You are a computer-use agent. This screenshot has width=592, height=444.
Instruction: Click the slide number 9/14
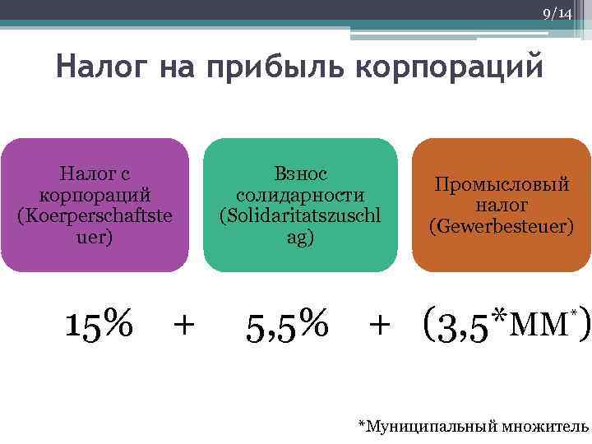pos(557,14)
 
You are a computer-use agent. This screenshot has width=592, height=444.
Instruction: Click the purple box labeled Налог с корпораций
pos(95,205)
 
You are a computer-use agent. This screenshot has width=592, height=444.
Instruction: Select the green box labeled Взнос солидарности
pos(300,205)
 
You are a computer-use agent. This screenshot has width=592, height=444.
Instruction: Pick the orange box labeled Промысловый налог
pos(501,205)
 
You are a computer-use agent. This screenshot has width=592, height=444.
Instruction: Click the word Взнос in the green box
pos(300,174)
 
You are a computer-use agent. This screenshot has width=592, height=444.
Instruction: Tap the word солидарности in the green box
pos(300,195)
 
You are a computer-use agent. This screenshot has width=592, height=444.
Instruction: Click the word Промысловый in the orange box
pos(502,185)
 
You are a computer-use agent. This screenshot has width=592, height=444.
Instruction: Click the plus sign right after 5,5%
pos(380,325)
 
